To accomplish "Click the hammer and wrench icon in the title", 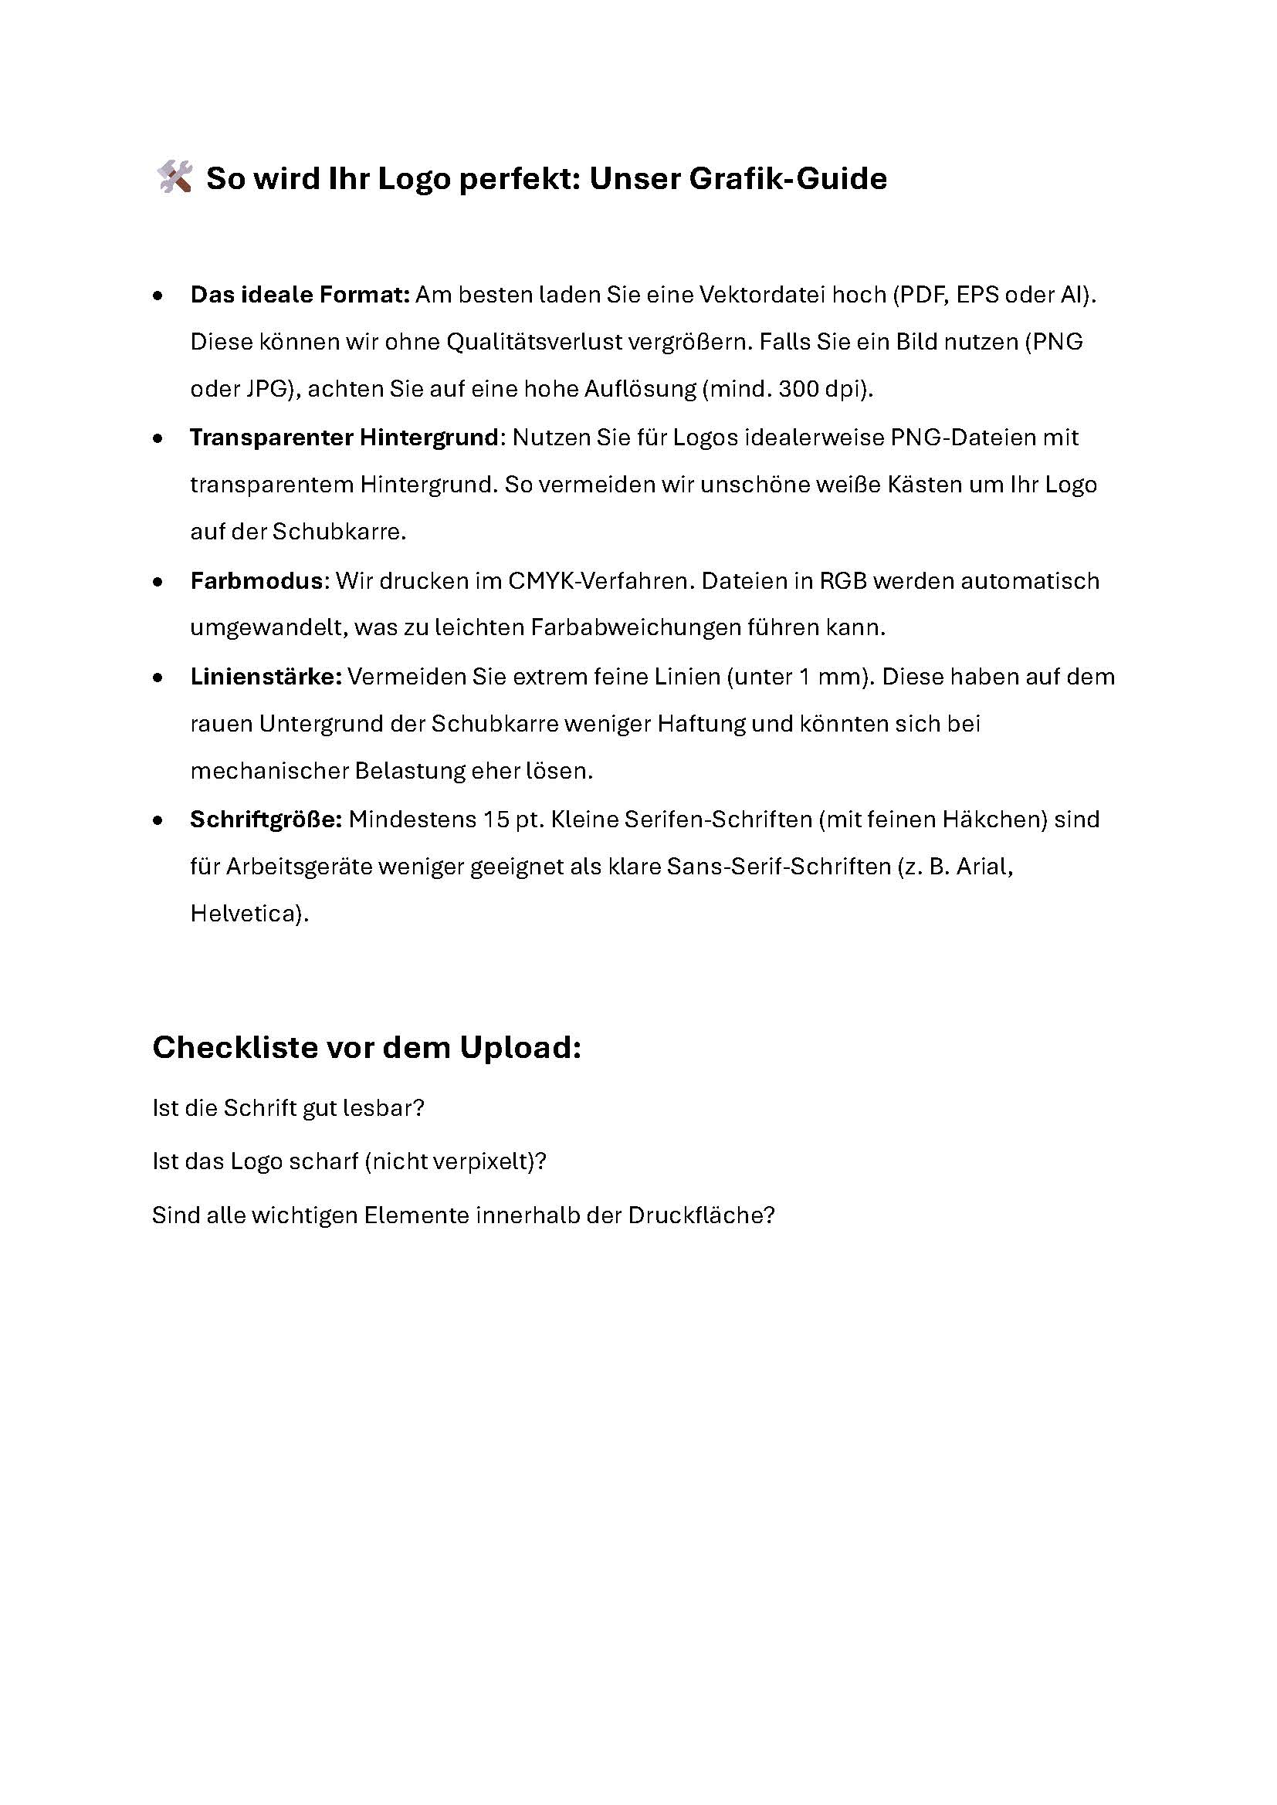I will pos(174,177).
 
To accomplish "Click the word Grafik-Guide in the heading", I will pos(788,179).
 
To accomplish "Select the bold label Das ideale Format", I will pos(300,295).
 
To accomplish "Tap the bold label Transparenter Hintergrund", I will pos(344,437).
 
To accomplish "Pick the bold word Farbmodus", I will pos(256,581).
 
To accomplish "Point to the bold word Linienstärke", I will pos(266,677).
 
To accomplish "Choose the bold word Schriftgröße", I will pos(266,820).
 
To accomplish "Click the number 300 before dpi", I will pos(799,389).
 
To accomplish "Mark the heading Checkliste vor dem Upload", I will pos(367,1047).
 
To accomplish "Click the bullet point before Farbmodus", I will pos(159,582).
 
